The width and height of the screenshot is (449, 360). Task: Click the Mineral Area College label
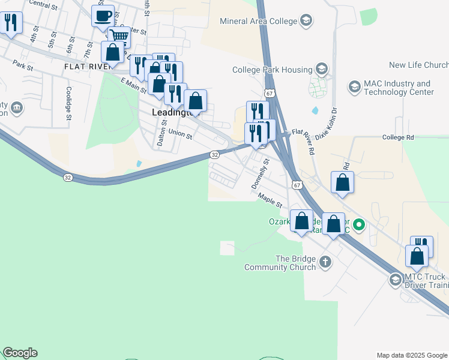click(x=259, y=22)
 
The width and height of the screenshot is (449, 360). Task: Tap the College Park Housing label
click(x=273, y=70)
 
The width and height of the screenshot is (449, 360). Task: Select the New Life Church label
click(x=418, y=65)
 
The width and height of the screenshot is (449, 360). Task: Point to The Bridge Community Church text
click(x=295, y=263)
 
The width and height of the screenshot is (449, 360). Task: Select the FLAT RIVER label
click(x=89, y=67)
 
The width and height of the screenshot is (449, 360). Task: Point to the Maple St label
click(x=270, y=200)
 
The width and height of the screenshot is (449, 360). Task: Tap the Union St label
click(x=180, y=133)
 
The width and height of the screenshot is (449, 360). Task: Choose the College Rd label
click(x=398, y=137)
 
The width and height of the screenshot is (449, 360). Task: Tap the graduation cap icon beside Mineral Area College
click(x=306, y=22)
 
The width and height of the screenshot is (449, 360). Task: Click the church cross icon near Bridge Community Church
click(x=325, y=262)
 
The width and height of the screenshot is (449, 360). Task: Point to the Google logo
click(x=20, y=353)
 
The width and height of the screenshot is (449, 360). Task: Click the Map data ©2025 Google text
click(x=411, y=355)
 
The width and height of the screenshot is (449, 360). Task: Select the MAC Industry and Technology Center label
click(x=399, y=88)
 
